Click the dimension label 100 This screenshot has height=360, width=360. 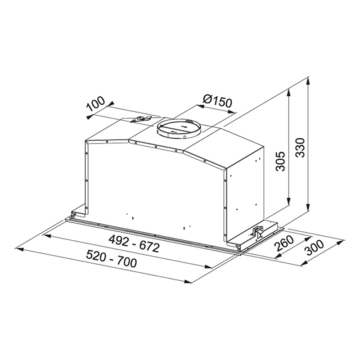click(96, 104)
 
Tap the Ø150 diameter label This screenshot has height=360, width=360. click(217, 101)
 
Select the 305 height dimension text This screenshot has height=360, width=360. click(280, 161)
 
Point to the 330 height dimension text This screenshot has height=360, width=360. click(300, 148)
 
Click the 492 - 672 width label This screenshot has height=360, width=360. click(134, 244)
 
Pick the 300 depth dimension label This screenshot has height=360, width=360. click(315, 248)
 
